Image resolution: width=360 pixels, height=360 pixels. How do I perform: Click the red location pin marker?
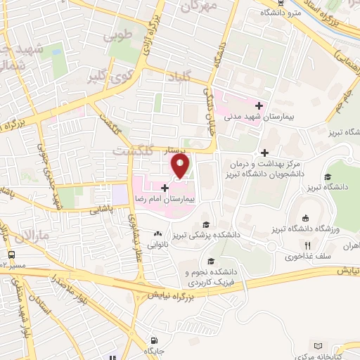(181, 167)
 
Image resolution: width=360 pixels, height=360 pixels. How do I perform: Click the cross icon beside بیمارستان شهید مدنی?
(259, 105)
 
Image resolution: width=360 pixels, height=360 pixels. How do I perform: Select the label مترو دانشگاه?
(279, 12)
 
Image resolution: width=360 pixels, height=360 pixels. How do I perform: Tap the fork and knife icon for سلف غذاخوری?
(307, 245)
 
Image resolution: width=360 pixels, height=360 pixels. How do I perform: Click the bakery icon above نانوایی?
(158, 234)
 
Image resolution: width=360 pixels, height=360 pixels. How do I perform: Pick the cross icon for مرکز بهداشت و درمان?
(264, 153)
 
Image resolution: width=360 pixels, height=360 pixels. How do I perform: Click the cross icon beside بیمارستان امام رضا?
(165, 188)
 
